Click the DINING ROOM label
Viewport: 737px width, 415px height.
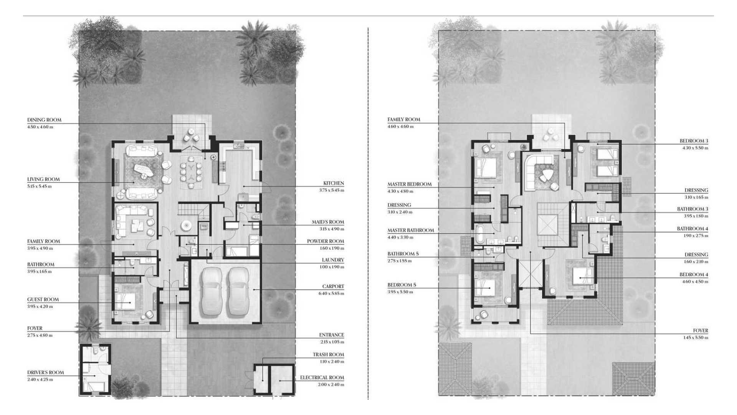coord(44,120)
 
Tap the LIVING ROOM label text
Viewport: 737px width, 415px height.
coord(43,179)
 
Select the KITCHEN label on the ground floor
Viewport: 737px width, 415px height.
coord(334,183)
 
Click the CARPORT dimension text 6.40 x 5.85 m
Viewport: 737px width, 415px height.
coord(331,294)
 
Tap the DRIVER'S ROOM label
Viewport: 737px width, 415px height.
coord(46,373)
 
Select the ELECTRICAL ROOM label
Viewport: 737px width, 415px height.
coord(322,378)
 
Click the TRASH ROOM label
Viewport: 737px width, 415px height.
coord(328,355)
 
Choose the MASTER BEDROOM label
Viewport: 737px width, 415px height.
coord(410,184)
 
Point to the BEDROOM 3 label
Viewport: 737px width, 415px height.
coord(694,141)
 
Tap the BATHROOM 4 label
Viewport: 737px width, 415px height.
coord(693,229)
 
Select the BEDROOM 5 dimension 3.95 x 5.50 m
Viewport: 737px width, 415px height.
coord(400,292)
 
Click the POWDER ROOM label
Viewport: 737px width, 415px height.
coord(326,241)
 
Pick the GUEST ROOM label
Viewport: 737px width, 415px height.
coord(43,300)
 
